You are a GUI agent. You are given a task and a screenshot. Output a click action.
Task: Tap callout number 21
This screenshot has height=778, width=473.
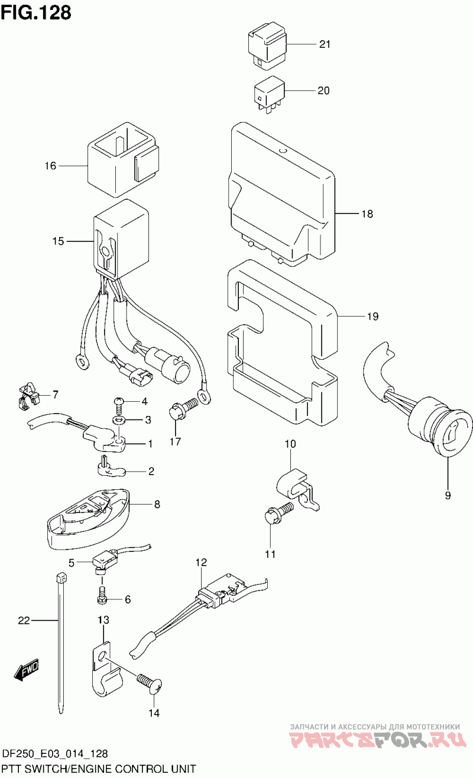(x=325, y=44)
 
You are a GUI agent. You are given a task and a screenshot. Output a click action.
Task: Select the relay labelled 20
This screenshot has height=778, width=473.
(x=269, y=93)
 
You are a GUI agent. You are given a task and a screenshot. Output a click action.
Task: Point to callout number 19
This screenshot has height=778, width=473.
(x=372, y=317)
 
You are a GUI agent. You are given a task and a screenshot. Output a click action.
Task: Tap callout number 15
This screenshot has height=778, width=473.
(x=57, y=241)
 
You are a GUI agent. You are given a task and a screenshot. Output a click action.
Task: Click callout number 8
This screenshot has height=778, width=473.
(x=157, y=505)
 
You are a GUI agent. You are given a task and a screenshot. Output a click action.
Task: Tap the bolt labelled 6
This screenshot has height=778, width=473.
(x=102, y=596)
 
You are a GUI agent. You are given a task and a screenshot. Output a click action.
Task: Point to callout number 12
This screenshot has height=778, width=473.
(x=201, y=561)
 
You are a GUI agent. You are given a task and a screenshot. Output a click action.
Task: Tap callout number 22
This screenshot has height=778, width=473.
(x=24, y=621)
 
